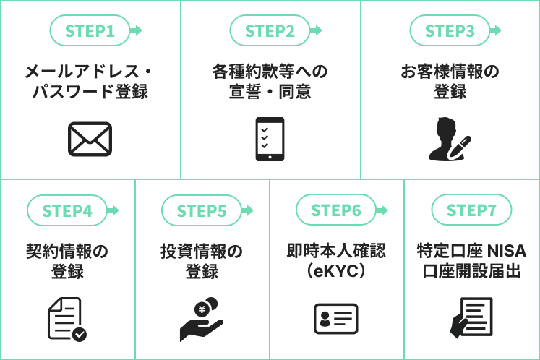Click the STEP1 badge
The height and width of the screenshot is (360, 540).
point(90,31)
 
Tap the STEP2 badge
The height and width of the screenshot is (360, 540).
point(270,31)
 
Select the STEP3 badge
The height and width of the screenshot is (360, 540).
point(450,31)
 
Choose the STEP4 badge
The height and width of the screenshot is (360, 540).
point(67,211)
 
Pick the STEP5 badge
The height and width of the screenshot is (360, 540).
point(202,211)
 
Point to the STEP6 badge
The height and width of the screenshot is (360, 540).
point(336,210)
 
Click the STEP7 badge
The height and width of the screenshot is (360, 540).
point(471,210)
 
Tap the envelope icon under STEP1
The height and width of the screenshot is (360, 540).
point(90,139)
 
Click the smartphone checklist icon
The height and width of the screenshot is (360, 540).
point(270,139)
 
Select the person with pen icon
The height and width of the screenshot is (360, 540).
point(449,139)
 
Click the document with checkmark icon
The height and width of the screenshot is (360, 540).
point(67,319)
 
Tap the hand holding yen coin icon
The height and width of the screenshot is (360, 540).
point(202,319)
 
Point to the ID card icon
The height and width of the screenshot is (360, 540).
point(336,319)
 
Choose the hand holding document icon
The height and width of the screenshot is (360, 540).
point(471,318)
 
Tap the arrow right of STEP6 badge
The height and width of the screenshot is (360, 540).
point(382,210)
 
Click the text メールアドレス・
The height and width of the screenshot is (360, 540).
point(90,72)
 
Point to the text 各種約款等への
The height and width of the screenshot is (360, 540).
point(270,72)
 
